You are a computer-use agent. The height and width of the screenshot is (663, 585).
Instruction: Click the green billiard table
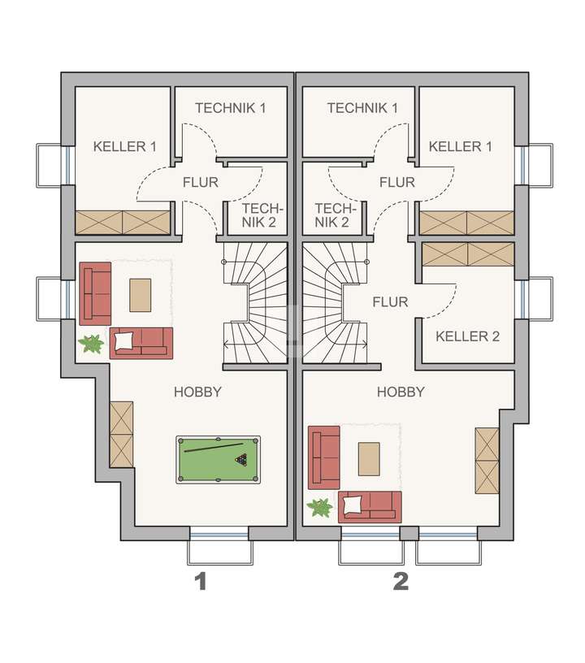tap(219, 460)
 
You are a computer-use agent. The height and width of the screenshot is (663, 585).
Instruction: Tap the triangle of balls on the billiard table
tap(241, 460)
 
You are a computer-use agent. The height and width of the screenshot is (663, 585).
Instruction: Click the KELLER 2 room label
tap(467, 336)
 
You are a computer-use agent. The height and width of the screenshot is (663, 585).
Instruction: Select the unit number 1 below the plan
tap(199, 582)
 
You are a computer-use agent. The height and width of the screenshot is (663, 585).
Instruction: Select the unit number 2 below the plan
tap(400, 582)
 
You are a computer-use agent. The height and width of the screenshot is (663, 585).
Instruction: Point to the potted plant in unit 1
tap(91, 344)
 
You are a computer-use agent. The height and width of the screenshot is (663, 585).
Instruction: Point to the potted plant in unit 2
tap(320, 509)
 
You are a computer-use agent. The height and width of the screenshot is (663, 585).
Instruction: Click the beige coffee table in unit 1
tap(141, 295)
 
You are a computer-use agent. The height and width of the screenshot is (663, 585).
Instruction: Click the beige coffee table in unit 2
tap(370, 459)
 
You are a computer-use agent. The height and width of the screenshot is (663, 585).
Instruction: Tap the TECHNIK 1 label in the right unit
tap(362, 108)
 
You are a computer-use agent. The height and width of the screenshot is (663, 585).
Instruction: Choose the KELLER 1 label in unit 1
tap(124, 146)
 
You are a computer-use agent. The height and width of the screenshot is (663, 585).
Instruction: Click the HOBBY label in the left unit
tap(197, 392)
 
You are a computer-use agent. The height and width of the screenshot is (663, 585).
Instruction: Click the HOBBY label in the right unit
tap(401, 392)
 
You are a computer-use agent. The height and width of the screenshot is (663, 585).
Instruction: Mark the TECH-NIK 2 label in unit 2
tap(331, 214)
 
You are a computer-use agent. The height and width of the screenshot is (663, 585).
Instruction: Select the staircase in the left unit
tap(255, 305)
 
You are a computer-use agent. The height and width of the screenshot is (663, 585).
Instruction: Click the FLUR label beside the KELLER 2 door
tap(389, 302)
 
